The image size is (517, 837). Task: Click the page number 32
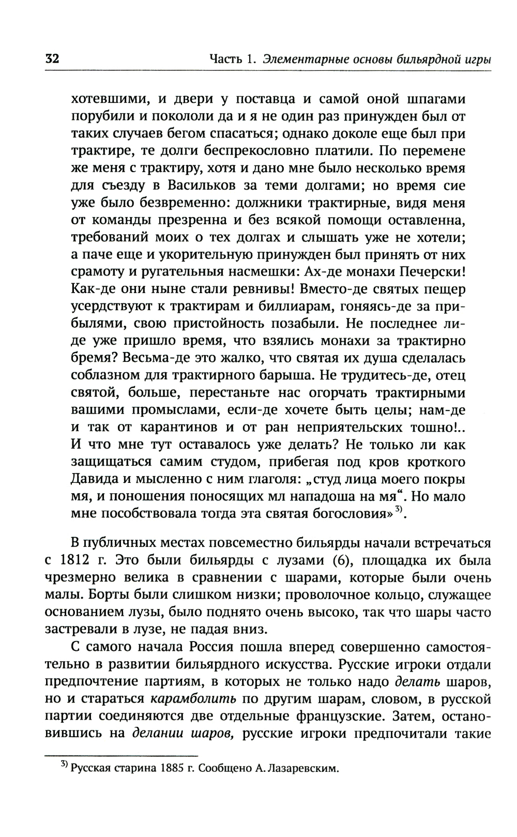pos(52,58)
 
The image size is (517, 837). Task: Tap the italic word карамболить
pos(193,699)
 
